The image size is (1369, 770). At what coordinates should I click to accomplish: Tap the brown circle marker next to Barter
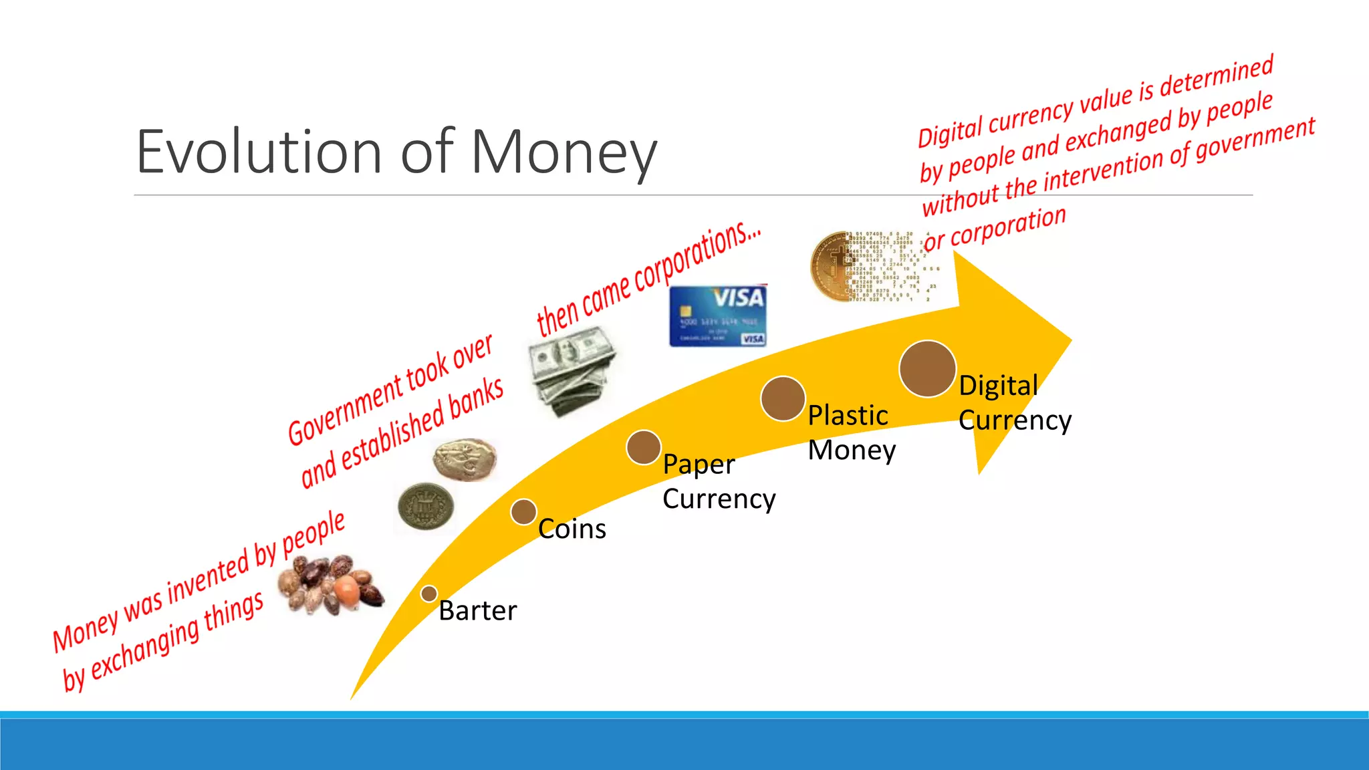pyautogui.click(x=429, y=594)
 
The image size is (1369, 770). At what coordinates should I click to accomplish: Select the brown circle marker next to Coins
pyautogui.click(x=523, y=512)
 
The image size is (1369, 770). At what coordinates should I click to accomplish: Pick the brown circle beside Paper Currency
pyautogui.click(x=643, y=447)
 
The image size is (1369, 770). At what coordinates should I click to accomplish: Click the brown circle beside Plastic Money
pyautogui.click(x=782, y=398)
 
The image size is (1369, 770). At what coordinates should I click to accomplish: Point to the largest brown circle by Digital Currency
pyautogui.click(x=927, y=369)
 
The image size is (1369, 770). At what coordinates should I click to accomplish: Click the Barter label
pyautogui.click(x=477, y=611)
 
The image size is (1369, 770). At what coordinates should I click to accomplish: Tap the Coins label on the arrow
pyautogui.click(x=572, y=529)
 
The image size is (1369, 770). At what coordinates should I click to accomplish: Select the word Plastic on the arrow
pyautogui.click(x=848, y=416)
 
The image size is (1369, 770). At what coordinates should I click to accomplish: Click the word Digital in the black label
pyautogui.click(x=998, y=386)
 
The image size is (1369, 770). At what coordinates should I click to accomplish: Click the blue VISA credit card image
pyautogui.click(x=718, y=316)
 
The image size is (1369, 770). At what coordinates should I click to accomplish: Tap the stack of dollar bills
pyautogui.click(x=572, y=371)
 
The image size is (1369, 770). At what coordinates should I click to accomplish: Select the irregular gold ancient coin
pyautogui.click(x=465, y=459)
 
